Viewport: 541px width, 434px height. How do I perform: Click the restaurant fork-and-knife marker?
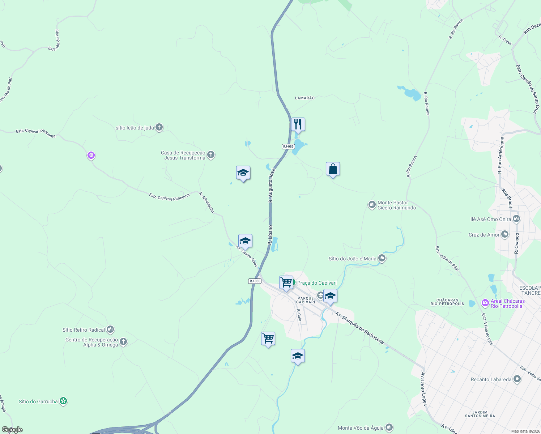(298, 124)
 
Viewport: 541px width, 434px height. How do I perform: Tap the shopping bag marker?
(333, 169)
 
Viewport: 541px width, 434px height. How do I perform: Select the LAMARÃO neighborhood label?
(305, 98)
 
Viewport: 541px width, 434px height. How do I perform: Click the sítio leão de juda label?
(135, 128)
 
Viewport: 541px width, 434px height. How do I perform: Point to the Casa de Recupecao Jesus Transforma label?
(183, 156)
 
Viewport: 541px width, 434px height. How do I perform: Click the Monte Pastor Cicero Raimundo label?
(397, 205)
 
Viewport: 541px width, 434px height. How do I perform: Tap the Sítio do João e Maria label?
(353, 259)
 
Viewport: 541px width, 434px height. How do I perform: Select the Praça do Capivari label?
(317, 283)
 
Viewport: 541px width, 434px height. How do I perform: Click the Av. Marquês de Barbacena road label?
(359, 328)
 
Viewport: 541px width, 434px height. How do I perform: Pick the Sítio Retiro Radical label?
(84, 330)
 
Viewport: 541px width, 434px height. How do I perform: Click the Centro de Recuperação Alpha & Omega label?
(92, 342)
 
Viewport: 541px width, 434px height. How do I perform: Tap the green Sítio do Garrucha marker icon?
(64, 401)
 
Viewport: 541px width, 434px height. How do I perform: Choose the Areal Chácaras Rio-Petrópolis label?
(507, 303)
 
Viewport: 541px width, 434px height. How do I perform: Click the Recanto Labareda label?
(491, 379)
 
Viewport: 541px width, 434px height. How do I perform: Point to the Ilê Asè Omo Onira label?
(491, 219)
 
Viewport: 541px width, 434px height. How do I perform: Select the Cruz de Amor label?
(484, 235)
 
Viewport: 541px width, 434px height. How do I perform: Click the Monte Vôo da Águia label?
(361, 428)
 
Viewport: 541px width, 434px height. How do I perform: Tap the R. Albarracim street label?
(207, 202)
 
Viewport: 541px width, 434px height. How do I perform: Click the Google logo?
(12, 430)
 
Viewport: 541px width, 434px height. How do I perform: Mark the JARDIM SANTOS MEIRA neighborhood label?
(480, 414)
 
